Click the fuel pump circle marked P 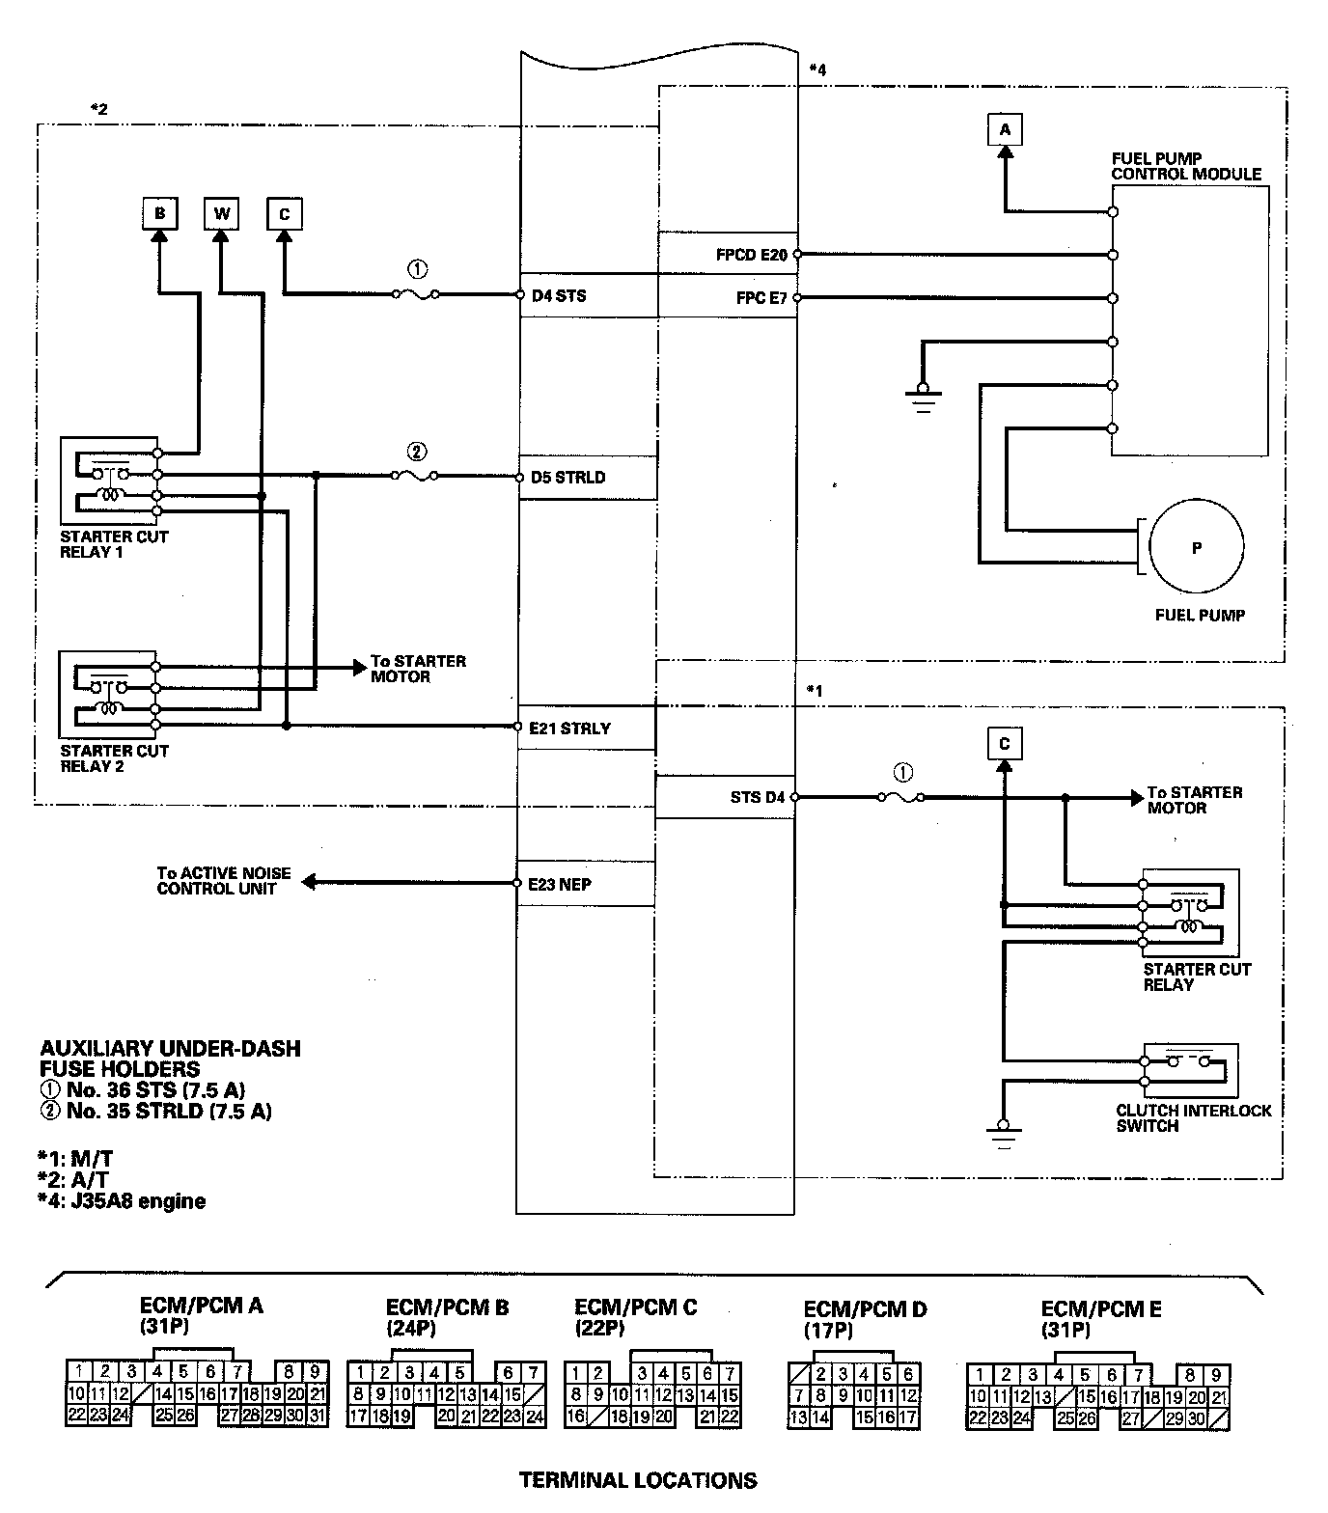tap(1197, 547)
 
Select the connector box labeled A tap(1005, 129)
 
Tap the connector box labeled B tap(159, 213)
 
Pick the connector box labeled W tap(222, 213)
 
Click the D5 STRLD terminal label tap(568, 477)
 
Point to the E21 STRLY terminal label tap(569, 729)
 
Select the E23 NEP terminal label tap(560, 884)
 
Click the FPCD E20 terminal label tap(752, 255)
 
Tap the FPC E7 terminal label tap(762, 298)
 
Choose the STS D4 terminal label tap(759, 797)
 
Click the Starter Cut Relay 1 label tap(114, 544)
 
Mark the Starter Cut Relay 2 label tap(114, 758)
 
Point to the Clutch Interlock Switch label tap(1193, 1117)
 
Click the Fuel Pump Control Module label tap(1186, 166)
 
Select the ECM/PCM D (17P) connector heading tap(865, 1318)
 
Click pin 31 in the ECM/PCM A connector tap(318, 1416)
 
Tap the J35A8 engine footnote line tap(123, 1201)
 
